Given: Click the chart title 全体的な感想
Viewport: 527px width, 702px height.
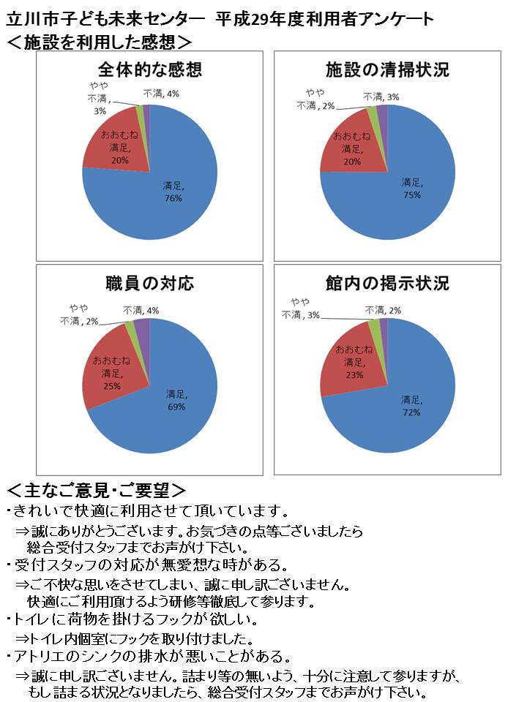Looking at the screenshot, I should (x=149, y=70).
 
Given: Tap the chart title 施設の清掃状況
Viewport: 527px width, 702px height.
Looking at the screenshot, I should (x=387, y=70).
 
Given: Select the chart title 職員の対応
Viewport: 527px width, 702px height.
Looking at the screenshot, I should (x=149, y=284).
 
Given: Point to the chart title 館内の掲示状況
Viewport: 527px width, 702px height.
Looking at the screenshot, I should (x=387, y=284).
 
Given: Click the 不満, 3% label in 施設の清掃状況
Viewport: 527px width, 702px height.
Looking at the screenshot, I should (x=381, y=97).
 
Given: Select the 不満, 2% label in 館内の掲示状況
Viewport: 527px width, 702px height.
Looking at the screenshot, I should (x=383, y=310).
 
